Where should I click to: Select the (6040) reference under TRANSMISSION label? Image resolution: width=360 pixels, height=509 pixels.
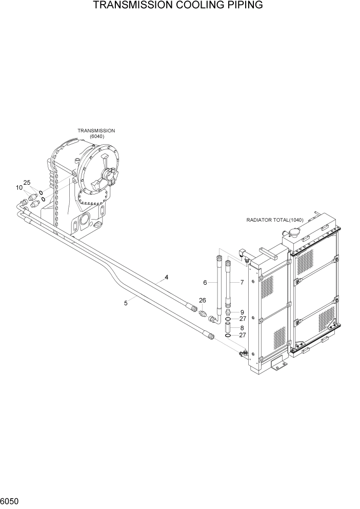(x=96, y=136)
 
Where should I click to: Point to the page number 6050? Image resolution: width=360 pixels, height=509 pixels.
(x=10, y=500)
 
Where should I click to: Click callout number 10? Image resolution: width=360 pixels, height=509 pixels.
(x=19, y=188)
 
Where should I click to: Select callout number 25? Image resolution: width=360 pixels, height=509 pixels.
(x=27, y=183)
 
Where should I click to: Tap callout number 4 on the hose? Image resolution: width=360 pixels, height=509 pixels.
(x=166, y=278)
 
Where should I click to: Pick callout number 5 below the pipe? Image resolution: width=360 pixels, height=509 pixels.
(x=126, y=303)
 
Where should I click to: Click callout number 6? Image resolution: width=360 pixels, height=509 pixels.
(x=205, y=283)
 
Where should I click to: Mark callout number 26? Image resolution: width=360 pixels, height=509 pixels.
(x=203, y=300)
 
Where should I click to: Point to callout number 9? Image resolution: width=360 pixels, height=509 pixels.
(x=242, y=312)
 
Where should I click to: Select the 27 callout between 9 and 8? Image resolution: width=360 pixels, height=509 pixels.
(x=243, y=319)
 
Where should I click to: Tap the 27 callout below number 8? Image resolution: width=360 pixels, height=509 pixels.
(x=243, y=336)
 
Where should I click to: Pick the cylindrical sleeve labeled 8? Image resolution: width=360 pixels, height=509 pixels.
(x=228, y=327)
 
